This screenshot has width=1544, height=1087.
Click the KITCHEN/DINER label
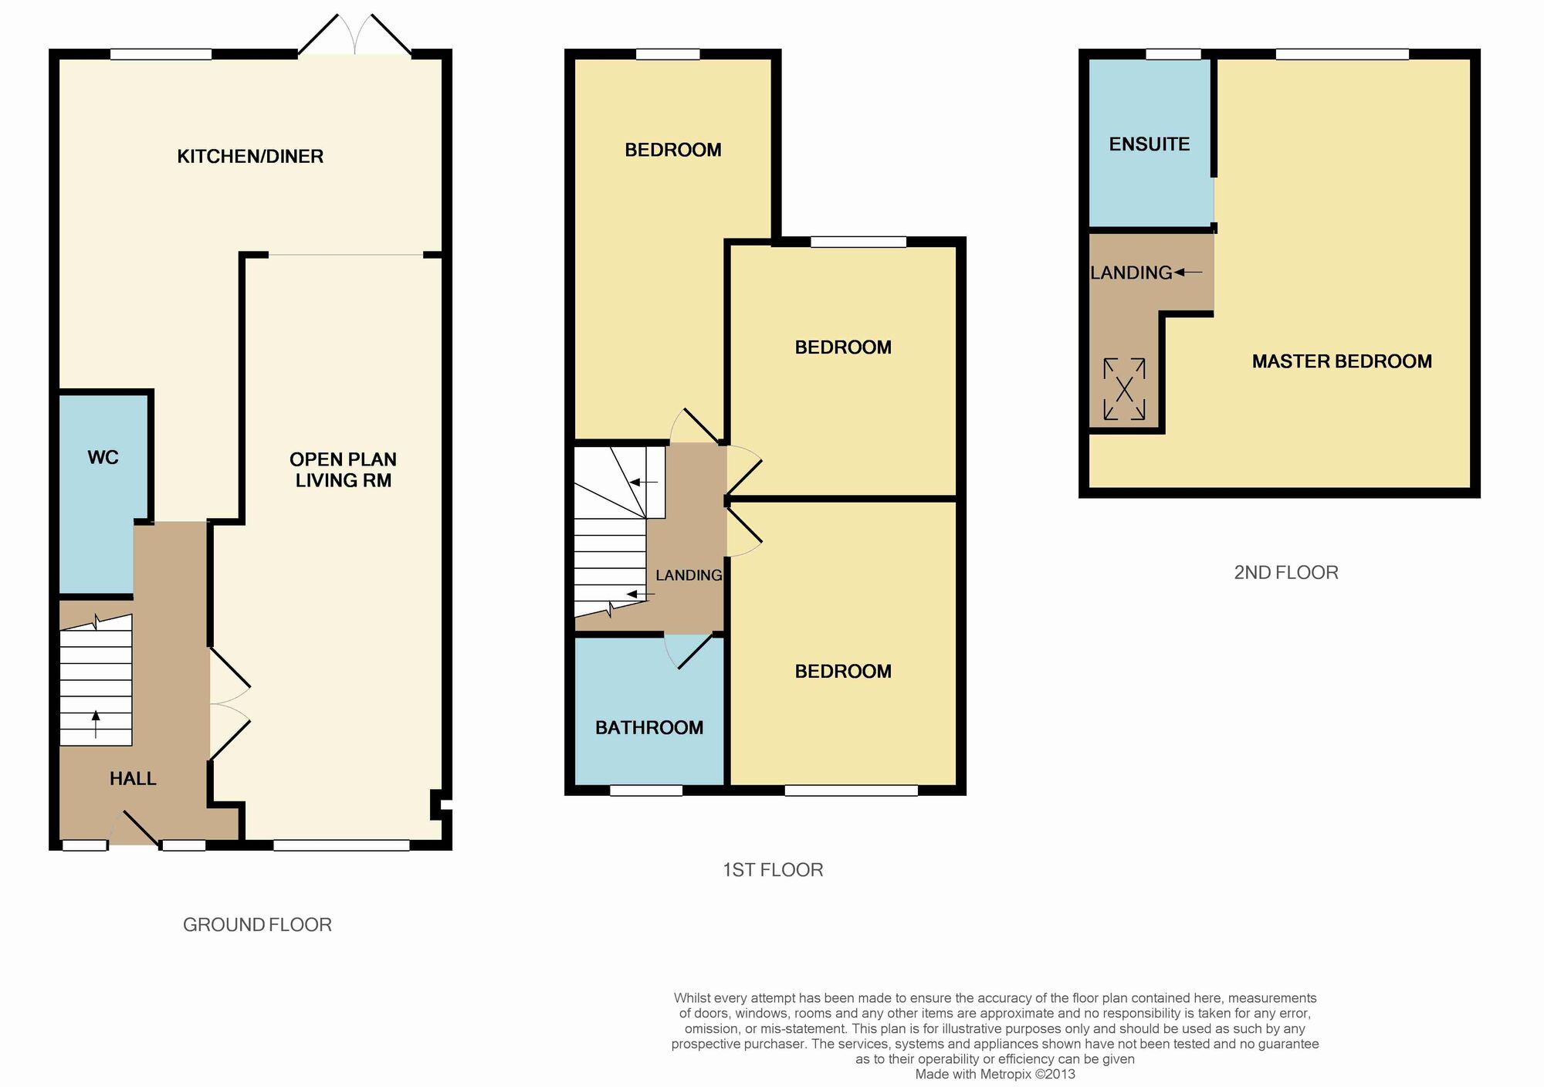[250, 157]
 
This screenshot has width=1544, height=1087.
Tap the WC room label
[103, 458]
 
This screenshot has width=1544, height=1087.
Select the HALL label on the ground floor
[133, 779]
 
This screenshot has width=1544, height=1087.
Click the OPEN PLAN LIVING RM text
[344, 469]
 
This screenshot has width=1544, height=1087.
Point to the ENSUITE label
[1149, 144]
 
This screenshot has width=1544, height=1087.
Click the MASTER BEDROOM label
[1342, 361]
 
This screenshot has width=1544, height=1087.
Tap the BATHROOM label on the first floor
[648, 728]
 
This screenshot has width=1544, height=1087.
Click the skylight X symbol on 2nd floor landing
[1124, 389]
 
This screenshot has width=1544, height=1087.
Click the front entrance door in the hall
[136, 828]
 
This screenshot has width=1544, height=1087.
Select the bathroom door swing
[687, 652]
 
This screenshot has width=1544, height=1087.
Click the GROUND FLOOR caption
[257, 925]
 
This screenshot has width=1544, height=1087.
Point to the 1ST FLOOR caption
[773, 870]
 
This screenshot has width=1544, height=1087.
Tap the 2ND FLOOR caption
[1286, 573]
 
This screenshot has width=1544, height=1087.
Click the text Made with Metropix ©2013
[994, 1074]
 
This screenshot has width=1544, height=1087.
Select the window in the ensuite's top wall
[1173, 54]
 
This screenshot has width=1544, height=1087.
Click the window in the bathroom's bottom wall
[646, 791]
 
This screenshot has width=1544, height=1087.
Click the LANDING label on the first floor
[689, 575]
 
